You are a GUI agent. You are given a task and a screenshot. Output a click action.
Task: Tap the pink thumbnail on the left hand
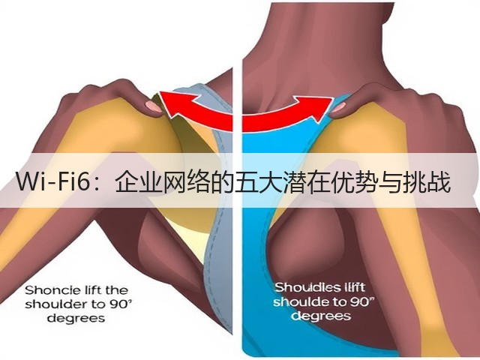153,106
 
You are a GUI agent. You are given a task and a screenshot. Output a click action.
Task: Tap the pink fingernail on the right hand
338,107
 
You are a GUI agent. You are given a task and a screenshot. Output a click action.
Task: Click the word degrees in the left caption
76,319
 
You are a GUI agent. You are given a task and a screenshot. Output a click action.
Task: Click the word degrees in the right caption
321,316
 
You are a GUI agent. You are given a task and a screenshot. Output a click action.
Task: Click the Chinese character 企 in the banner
127,182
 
